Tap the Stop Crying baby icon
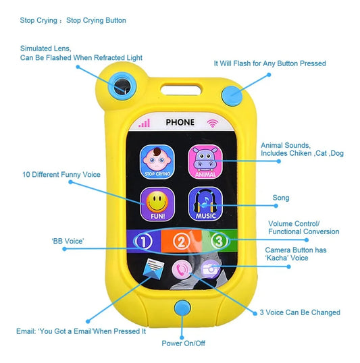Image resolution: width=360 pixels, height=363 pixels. pyautogui.click(x=157, y=161)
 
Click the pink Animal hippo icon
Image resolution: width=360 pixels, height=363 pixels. pyautogui.click(x=205, y=161)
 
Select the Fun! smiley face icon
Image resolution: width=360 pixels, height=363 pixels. pyautogui.click(x=157, y=204)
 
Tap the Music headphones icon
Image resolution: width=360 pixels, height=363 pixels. pyautogui.click(x=205, y=204)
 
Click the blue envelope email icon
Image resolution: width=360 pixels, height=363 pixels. pyautogui.click(x=153, y=269)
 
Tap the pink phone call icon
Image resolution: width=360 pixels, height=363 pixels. pyautogui.click(x=182, y=269)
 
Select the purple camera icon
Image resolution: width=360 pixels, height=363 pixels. pyautogui.click(x=210, y=269)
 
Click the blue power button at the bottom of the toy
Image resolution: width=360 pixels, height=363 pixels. pyautogui.click(x=182, y=308)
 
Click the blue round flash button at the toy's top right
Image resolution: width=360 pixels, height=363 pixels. pyautogui.click(x=232, y=96)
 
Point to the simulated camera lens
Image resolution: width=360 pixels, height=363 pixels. pyautogui.click(x=122, y=86)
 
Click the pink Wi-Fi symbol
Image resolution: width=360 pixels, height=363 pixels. pyautogui.click(x=213, y=123)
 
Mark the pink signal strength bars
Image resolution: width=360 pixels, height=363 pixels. pyautogui.click(x=144, y=123)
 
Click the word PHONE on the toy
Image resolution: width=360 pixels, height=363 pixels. pyautogui.click(x=180, y=122)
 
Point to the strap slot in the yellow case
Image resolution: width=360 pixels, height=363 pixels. pyautogui.click(x=181, y=89)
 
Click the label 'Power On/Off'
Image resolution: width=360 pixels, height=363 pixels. pyautogui.click(x=183, y=343)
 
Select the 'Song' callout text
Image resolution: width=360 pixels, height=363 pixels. pyautogui.click(x=281, y=198)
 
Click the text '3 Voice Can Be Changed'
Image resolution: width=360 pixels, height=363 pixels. pyautogui.click(x=300, y=312)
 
